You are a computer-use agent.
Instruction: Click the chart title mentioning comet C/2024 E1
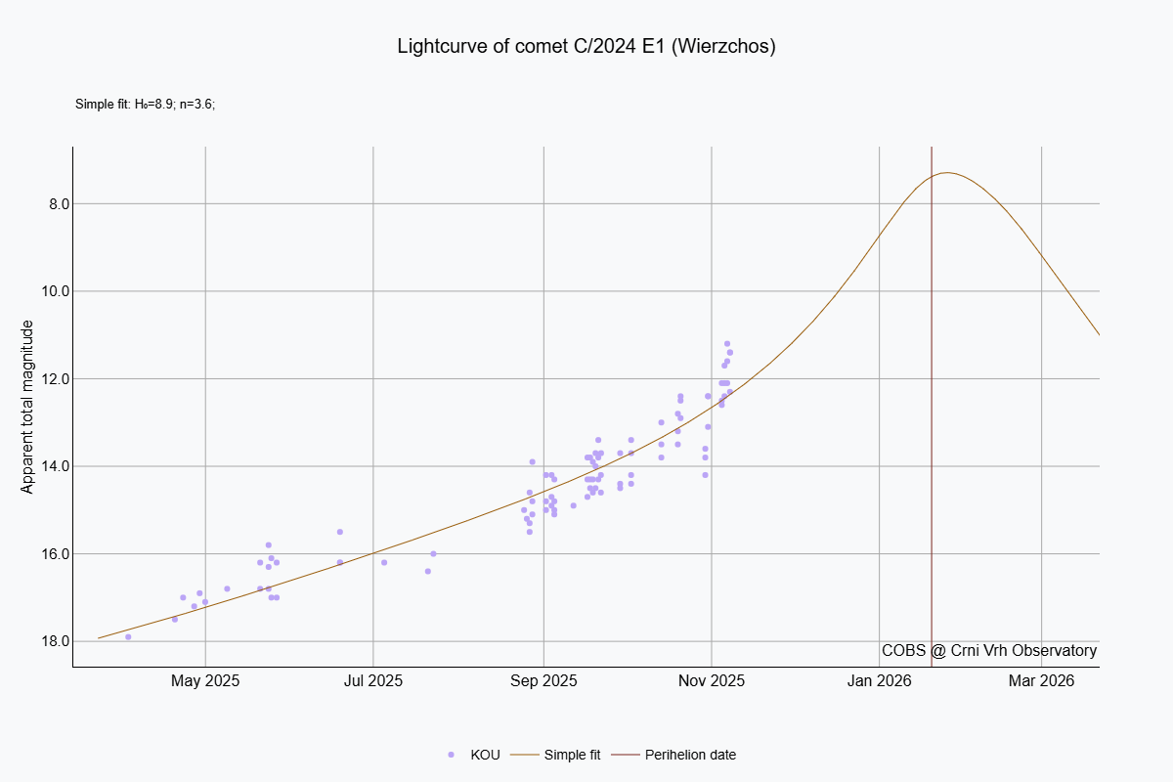pyautogui.click(x=586, y=47)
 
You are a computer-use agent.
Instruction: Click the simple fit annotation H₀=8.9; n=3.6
pyautogui.click(x=145, y=104)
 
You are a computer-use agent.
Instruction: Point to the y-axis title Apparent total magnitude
pyautogui.click(x=27, y=407)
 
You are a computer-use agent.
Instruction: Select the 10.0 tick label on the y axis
pyautogui.click(x=43, y=291)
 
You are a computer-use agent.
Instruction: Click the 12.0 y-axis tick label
pyautogui.click(x=43, y=378)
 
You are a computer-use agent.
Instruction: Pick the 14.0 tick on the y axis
pyautogui.click(x=43, y=466)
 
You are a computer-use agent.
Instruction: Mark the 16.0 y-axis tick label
pyautogui.click(x=43, y=553)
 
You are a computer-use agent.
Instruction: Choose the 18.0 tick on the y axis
pyautogui.click(x=43, y=641)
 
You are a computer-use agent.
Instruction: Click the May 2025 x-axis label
pyautogui.click(x=205, y=680)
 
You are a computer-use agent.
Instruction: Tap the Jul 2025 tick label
pyautogui.click(x=372, y=680)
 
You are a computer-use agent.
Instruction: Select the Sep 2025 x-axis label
pyautogui.click(x=543, y=680)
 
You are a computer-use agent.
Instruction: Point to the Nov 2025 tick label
pyautogui.click(x=712, y=680)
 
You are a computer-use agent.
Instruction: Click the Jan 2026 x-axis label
pyautogui.click(x=880, y=680)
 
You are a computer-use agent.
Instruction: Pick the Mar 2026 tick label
pyautogui.click(x=1041, y=680)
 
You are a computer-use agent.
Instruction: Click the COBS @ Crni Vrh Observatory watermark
pyautogui.click(x=989, y=651)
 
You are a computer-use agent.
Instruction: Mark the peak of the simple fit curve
pyautogui.click(x=946, y=173)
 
